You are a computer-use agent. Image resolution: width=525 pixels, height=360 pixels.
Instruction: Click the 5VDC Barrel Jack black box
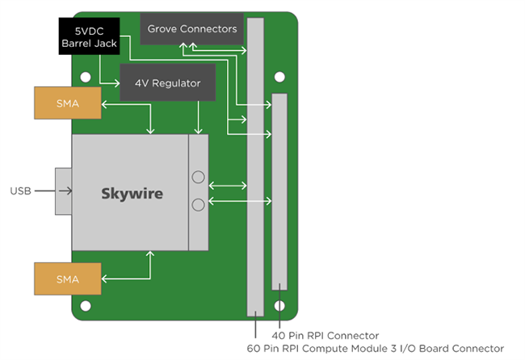pos(89,36)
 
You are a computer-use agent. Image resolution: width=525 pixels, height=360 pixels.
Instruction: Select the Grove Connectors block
pos(191,29)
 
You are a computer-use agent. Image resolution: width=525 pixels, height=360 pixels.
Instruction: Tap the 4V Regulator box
pos(168,83)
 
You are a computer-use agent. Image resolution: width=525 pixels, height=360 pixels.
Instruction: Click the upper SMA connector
pos(68,103)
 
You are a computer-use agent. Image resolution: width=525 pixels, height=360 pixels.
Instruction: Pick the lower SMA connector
pos(68,278)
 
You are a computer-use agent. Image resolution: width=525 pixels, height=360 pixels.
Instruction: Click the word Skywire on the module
pos(132,194)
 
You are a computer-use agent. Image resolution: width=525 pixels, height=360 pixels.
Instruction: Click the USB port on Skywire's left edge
pos(63,192)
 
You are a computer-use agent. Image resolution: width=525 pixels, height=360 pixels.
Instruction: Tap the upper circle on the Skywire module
pos(198,177)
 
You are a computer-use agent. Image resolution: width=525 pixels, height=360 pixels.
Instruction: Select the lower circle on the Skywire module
pos(198,206)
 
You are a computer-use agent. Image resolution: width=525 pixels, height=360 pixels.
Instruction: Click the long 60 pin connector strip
pos(255,161)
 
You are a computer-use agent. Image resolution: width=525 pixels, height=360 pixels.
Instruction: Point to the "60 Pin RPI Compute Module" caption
pos(376,348)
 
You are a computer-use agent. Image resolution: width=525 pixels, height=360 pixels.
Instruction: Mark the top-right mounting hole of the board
pos(279,77)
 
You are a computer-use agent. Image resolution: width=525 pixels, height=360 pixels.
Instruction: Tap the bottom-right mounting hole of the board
pos(279,307)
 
